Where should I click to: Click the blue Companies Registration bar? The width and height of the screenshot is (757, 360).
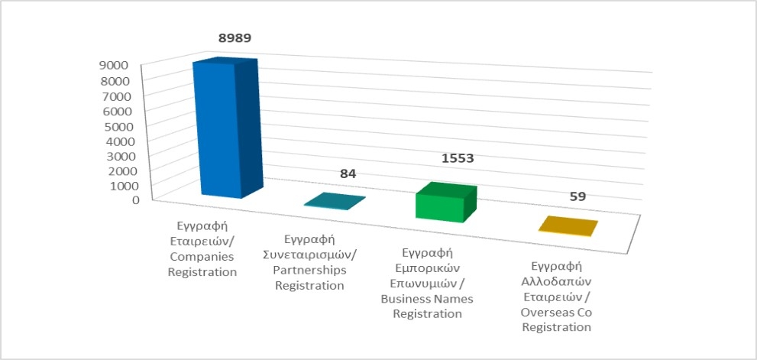[x=228, y=129]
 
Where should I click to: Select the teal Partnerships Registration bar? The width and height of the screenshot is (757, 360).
[x=335, y=202]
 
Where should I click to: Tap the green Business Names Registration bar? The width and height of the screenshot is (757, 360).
[x=446, y=203]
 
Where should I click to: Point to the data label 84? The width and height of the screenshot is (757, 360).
[x=348, y=174]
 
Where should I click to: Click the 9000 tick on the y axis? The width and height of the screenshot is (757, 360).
[x=114, y=66]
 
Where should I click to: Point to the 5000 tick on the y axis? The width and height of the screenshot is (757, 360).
[x=114, y=126]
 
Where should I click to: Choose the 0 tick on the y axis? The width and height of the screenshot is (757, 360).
[x=123, y=199]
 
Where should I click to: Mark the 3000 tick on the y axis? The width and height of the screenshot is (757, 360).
[x=114, y=156]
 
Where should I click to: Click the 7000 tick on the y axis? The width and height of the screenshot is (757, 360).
[x=114, y=96]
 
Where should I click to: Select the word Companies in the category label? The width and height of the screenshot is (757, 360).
[x=202, y=257]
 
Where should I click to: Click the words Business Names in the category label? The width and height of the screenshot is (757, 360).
[x=427, y=299]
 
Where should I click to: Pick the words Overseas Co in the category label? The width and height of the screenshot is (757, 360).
[x=557, y=313]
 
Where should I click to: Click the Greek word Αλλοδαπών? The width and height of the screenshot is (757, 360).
[x=557, y=281]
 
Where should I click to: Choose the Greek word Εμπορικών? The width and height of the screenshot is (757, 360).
[x=428, y=268]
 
